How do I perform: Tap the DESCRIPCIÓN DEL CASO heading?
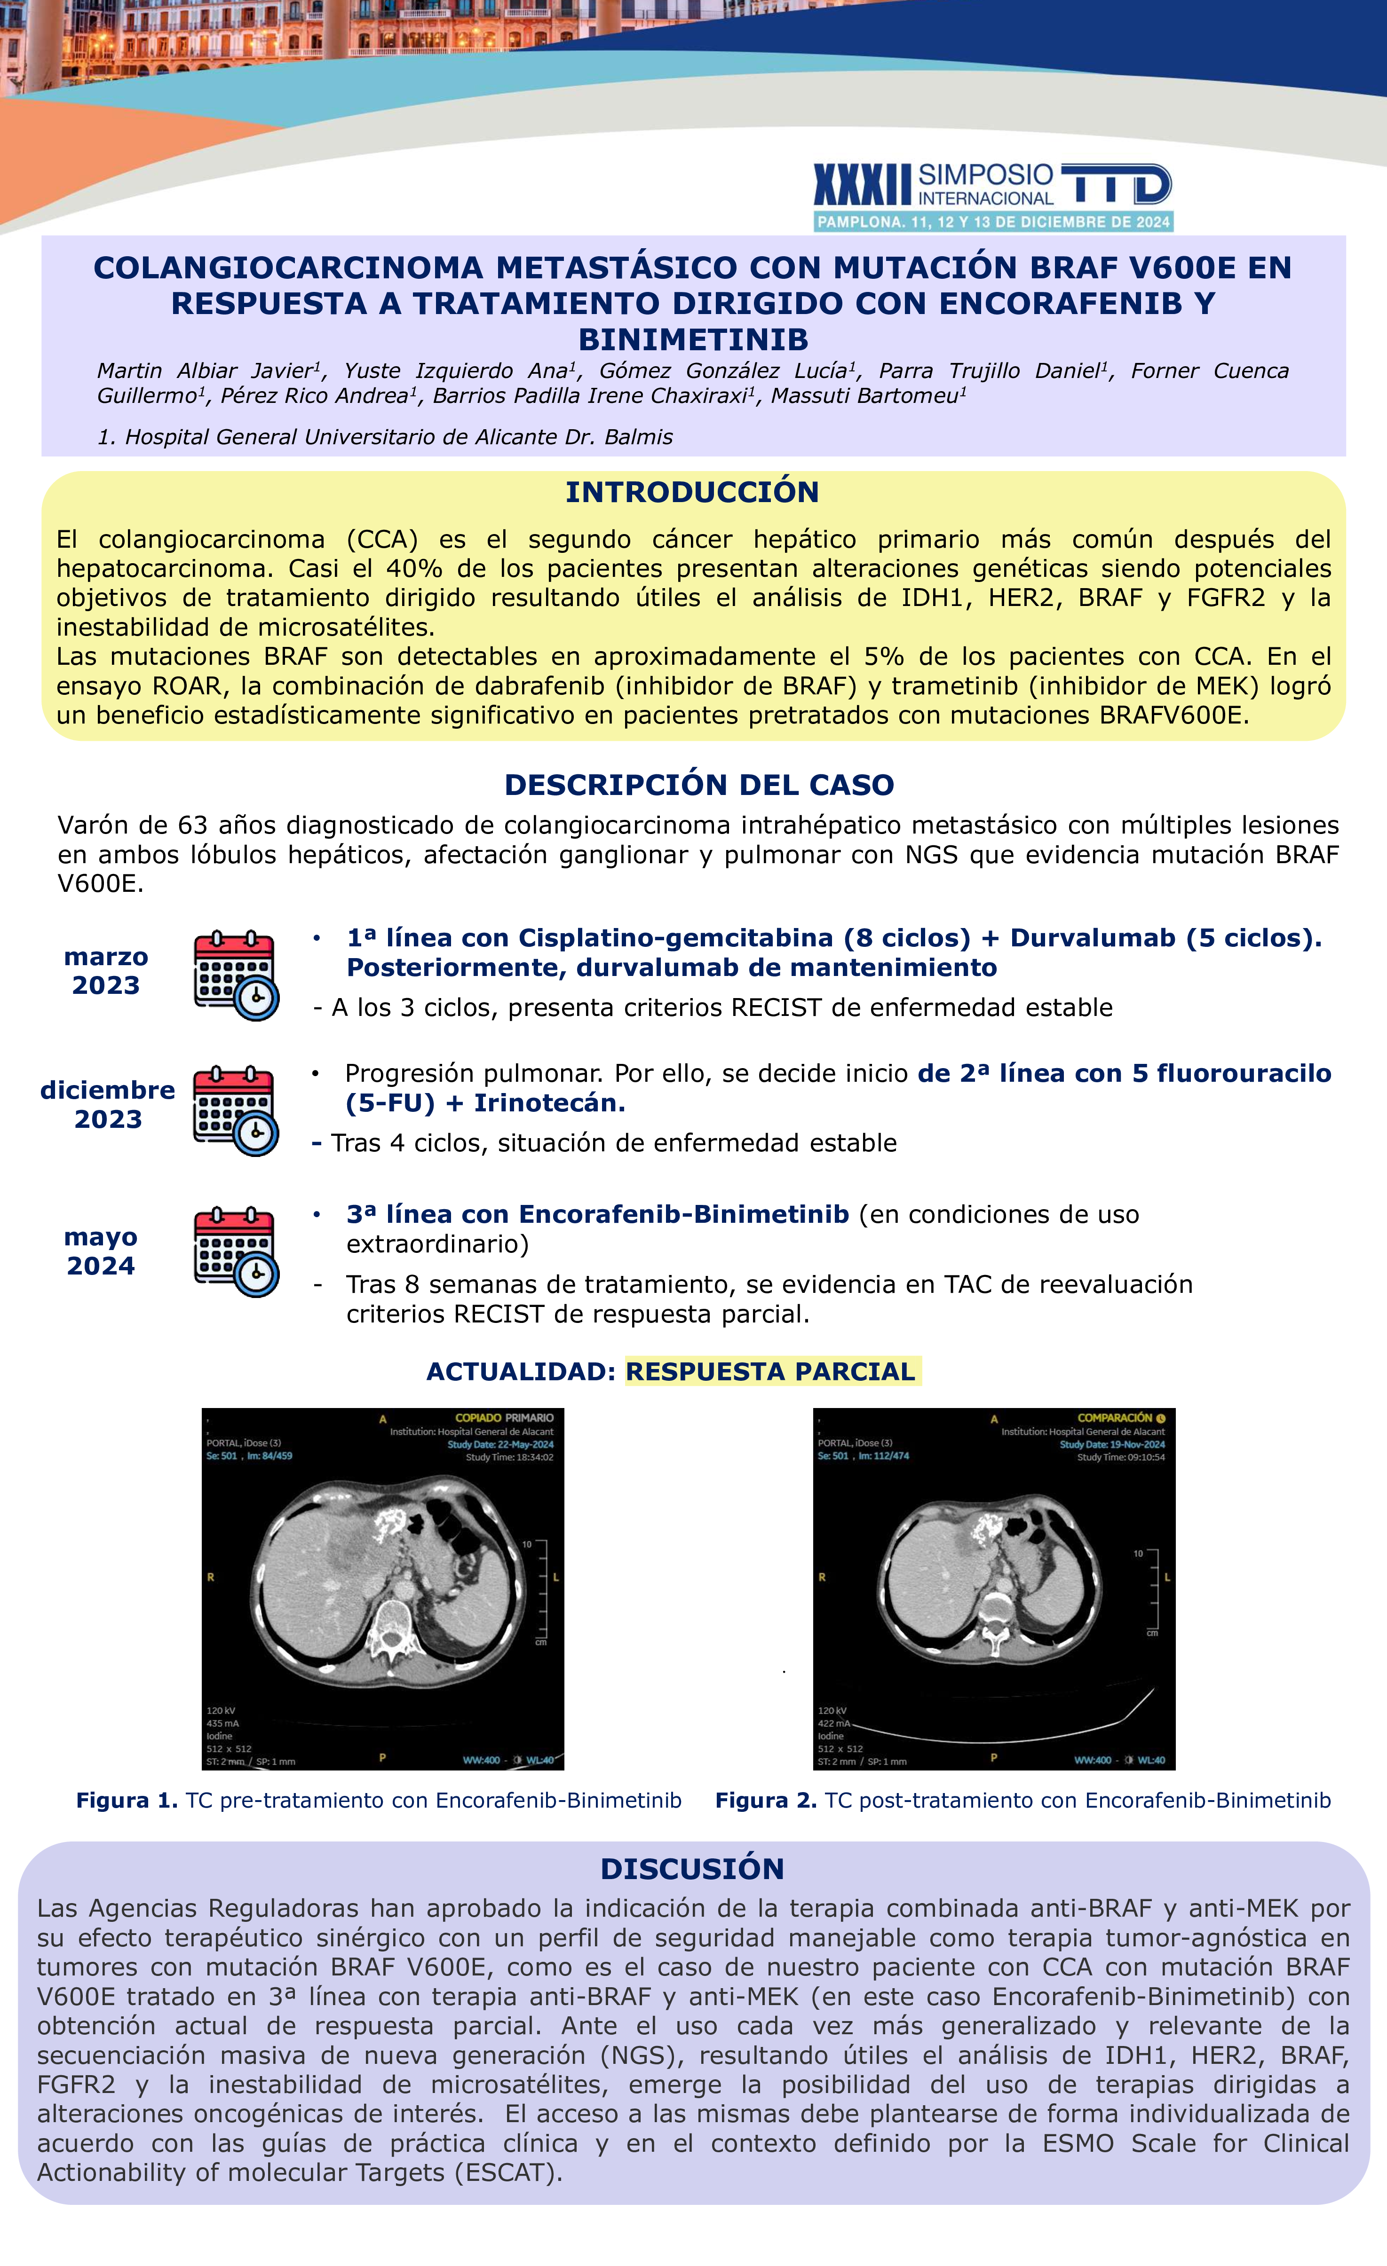click(x=699, y=785)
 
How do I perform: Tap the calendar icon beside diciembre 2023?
click(x=236, y=1110)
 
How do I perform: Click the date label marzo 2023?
click(x=106, y=971)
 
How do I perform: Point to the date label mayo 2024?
click(x=101, y=1251)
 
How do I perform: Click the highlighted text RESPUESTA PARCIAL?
click(x=771, y=1371)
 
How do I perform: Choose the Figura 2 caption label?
click(x=766, y=1800)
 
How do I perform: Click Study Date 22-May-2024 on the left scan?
click(x=500, y=1444)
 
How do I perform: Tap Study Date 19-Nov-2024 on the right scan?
click(x=1112, y=1444)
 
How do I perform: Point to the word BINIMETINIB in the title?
click(x=693, y=339)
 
